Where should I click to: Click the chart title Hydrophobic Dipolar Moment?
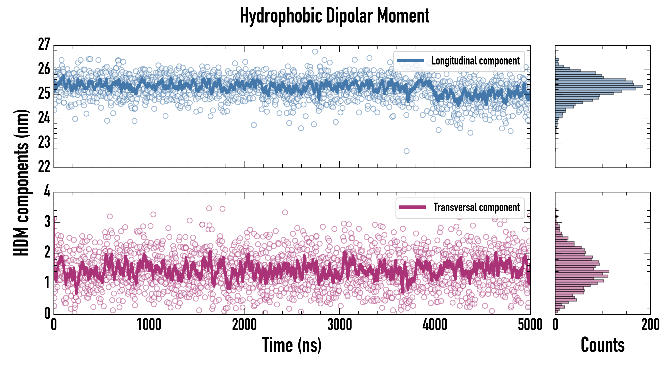point(334,16)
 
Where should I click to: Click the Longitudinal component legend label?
point(475,61)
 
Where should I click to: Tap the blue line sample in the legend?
point(410,61)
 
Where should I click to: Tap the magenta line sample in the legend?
point(412,207)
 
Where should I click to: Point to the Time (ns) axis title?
point(292,345)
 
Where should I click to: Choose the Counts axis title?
point(603,345)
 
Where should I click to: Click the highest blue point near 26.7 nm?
point(315,52)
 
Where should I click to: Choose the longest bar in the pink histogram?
point(582,272)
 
